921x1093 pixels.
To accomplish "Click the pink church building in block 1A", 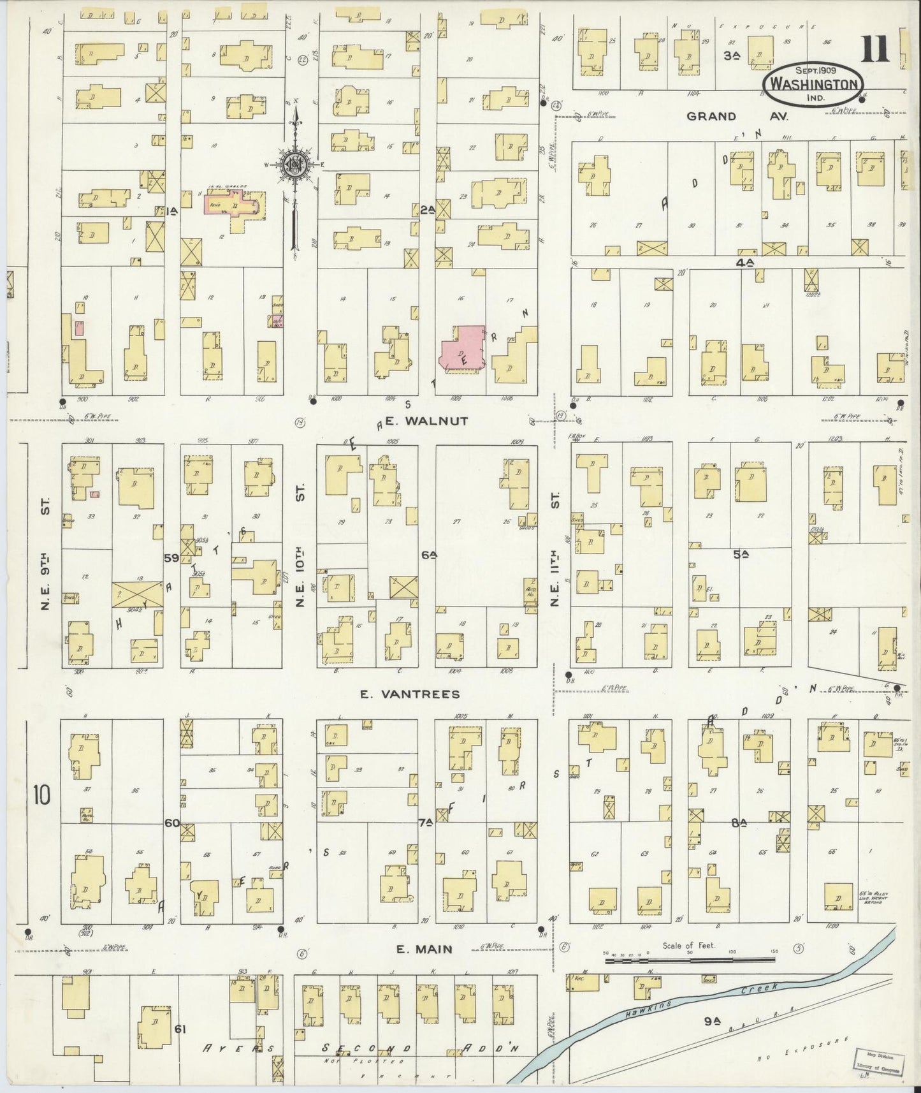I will click(231, 207).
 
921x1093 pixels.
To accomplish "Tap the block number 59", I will click(171, 558).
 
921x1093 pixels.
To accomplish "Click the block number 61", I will click(180, 1029).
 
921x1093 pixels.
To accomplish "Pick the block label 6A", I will click(428, 555).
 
